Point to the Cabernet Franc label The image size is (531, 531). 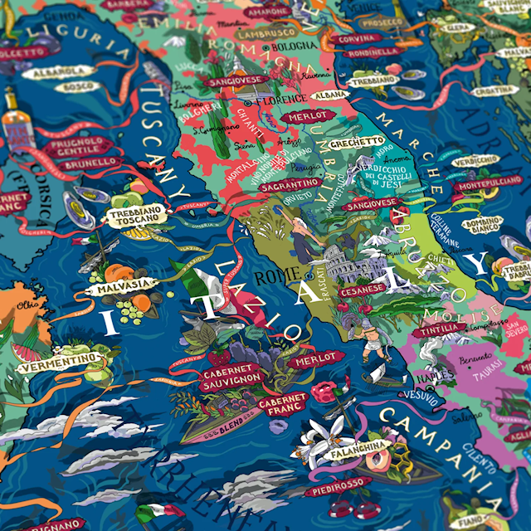[282, 403]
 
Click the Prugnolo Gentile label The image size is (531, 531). [80, 147]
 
